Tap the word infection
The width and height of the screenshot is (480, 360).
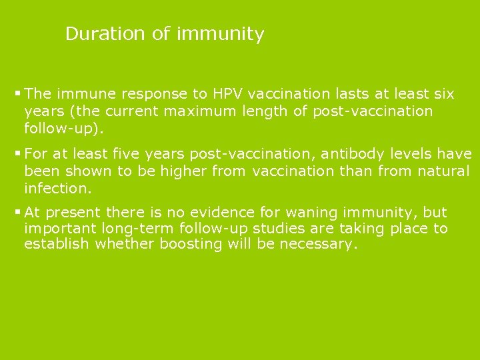tap(56, 188)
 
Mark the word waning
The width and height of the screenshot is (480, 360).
tap(307, 213)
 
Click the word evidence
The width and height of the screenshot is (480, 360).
tap(222, 213)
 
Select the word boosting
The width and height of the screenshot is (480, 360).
tap(191, 244)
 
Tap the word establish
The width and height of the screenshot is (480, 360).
tap(57, 244)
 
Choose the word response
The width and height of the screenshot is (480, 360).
tap(147, 94)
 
